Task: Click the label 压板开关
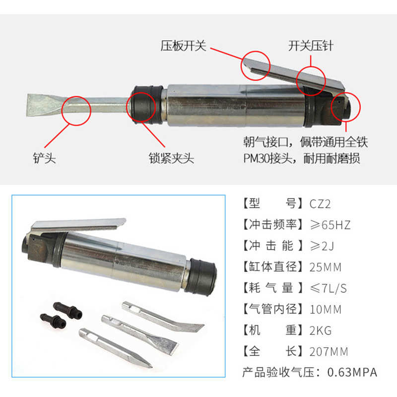click(x=183, y=47)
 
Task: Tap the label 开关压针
click(x=311, y=47)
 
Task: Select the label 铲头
click(x=45, y=159)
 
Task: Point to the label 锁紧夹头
click(x=171, y=159)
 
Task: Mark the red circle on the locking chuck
click(x=141, y=106)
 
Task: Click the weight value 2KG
click(x=320, y=331)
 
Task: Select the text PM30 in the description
click(x=260, y=159)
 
